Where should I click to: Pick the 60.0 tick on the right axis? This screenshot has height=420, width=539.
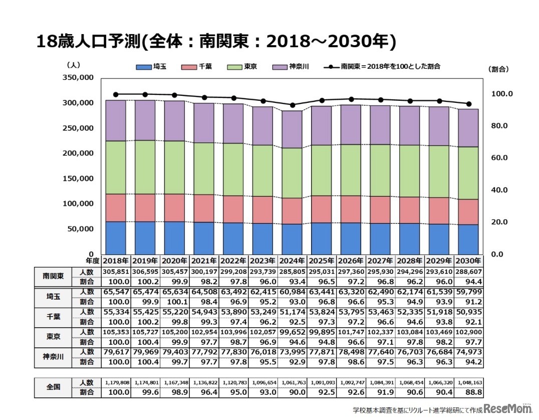coord(499,158)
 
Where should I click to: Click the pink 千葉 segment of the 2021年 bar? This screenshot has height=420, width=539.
coord(204,208)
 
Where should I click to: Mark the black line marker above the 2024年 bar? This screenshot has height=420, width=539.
coord(292,105)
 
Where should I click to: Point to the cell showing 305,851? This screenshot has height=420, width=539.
coord(116,271)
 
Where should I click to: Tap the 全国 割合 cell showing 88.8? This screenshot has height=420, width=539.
coord(468,392)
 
